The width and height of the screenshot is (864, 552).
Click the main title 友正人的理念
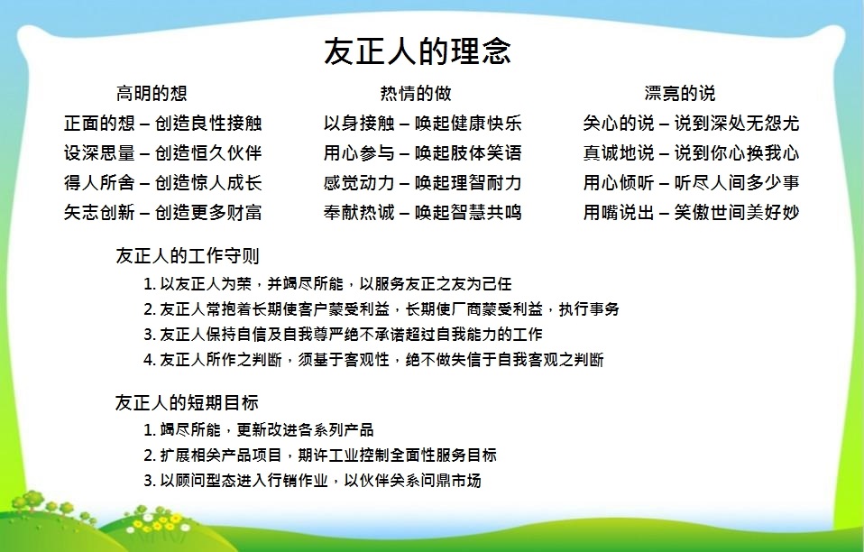[418, 51]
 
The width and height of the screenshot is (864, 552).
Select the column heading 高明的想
[152, 93]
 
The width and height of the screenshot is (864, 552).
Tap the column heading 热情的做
[416, 93]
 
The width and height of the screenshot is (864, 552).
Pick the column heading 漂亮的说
[679, 93]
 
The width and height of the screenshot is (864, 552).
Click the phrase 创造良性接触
[208, 123]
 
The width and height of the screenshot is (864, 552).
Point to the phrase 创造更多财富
[208, 212]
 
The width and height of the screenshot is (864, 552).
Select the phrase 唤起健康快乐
[468, 123]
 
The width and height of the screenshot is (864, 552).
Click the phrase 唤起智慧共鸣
[468, 212]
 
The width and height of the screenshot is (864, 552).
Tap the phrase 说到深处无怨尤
[737, 123]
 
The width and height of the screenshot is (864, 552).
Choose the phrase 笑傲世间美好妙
[737, 212]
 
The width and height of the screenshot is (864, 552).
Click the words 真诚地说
[619, 152]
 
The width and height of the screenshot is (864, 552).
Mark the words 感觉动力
[359, 182]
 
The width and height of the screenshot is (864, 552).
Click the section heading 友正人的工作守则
[187, 255]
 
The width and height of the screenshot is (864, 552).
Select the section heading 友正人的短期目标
[187, 402]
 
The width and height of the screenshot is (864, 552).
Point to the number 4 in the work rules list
[149, 360]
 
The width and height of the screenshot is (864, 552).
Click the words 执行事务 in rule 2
[589, 309]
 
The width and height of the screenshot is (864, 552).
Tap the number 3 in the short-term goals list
[149, 481]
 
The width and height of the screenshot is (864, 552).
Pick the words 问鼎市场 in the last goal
[451, 481]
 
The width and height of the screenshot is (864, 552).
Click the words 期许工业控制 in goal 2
[344, 455]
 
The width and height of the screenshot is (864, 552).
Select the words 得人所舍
[99, 182]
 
